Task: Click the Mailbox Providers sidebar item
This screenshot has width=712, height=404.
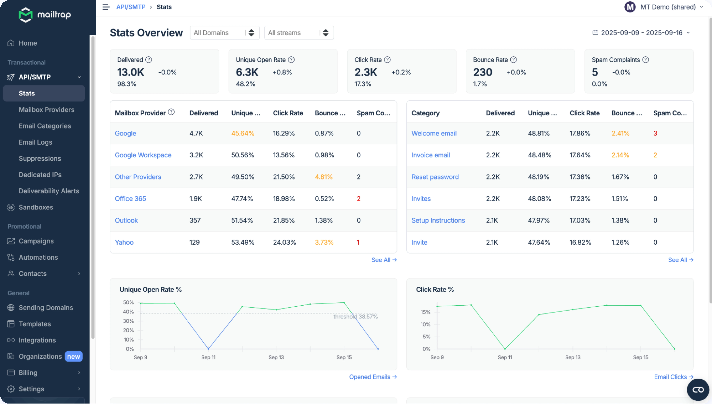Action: [x=46, y=110]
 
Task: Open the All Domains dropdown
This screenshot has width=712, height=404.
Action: [x=224, y=33]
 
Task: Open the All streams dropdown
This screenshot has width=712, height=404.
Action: [x=299, y=33]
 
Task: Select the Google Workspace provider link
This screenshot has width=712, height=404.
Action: [x=143, y=155]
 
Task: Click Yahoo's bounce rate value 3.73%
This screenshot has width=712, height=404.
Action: [x=324, y=242]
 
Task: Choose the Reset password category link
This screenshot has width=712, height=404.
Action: [x=435, y=177]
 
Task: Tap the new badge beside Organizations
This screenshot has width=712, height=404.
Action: [x=73, y=357]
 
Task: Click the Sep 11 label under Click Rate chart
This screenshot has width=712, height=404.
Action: [x=505, y=357]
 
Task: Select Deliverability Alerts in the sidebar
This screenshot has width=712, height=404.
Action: [x=49, y=191]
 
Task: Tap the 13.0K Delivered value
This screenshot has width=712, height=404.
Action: [x=130, y=72]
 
